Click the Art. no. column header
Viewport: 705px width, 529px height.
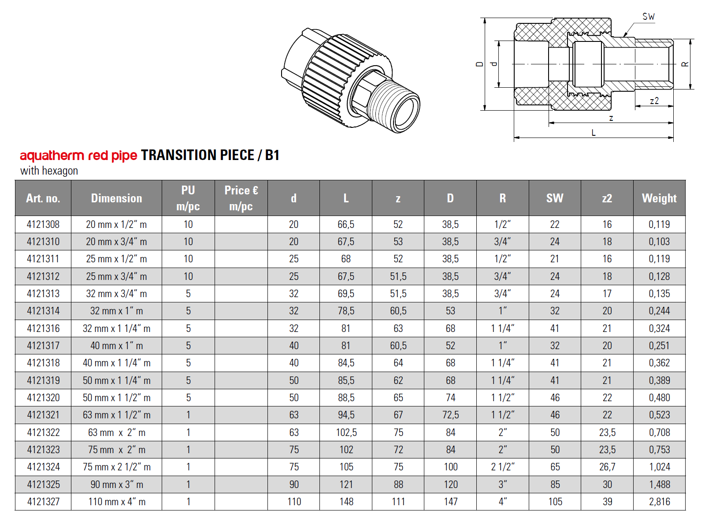point(43,198)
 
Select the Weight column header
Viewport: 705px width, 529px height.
point(659,198)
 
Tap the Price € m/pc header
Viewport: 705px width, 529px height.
point(241,198)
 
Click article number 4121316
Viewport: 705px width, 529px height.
point(43,328)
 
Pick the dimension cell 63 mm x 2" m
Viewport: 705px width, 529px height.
point(116,432)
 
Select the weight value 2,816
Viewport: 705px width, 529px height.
point(659,502)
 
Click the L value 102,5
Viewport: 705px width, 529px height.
point(346,432)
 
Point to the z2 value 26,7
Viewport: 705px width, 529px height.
point(607,467)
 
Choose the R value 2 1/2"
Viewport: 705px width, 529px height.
point(502,467)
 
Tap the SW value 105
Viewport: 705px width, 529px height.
point(555,502)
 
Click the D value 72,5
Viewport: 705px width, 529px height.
point(450,415)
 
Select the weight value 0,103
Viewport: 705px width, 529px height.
point(659,242)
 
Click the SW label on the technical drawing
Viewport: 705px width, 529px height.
point(648,17)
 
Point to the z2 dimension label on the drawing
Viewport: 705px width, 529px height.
point(654,101)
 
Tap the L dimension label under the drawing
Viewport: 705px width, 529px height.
point(594,133)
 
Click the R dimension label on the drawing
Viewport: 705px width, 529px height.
point(685,64)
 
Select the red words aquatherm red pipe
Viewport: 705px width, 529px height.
point(78,156)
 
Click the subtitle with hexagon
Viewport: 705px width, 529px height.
point(49,171)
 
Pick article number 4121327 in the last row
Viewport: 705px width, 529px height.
point(43,502)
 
